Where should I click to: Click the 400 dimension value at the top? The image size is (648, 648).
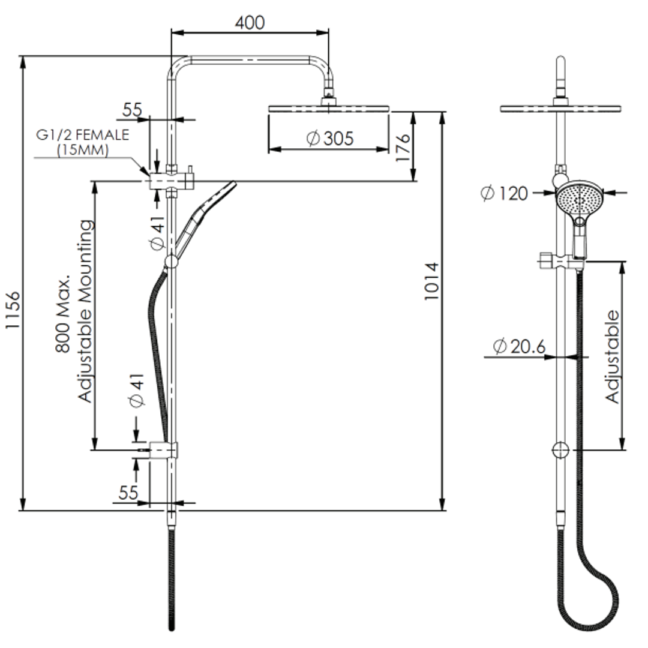250,23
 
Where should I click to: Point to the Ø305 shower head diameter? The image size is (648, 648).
329,139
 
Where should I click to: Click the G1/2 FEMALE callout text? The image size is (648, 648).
82,134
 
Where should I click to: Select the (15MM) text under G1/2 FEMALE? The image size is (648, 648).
82,150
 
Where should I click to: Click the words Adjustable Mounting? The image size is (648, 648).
86,311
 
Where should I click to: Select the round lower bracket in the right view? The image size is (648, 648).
561,450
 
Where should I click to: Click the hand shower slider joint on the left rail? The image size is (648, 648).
171,261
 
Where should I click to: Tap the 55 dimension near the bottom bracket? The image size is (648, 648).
128,493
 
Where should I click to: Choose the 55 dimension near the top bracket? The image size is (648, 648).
132,110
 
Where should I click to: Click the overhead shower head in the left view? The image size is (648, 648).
329,108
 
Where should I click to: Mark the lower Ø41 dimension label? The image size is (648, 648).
137,391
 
